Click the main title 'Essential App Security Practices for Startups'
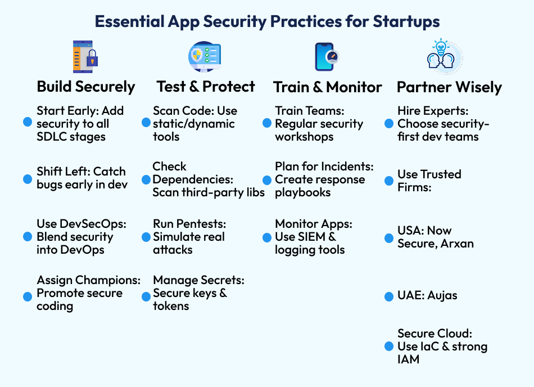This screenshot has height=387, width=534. pyautogui.click(x=267, y=21)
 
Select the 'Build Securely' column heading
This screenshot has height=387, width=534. pyautogui.click(x=86, y=87)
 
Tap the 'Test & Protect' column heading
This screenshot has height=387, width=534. pyautogui.click(x=206, y=87)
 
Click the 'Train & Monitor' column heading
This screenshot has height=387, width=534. pyautogui.click(x=327, y=87)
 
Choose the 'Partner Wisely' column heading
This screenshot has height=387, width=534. pyautogui.click(x=449, y=87)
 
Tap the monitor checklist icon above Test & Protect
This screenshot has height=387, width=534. pyautogui.click(x=205, y=57)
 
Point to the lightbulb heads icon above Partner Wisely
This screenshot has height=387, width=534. pyautogui.click(x=444, y=57)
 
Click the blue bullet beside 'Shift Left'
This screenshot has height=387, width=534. pyautogui.click(x=27, y=178)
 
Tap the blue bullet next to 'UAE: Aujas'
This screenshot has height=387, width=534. pyautogui.click(x=388, y=296)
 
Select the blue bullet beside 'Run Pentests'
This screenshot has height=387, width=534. pyautogui.click(x=146, y=236)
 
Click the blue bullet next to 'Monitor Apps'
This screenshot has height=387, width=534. pyautogui.click(x=267, y=237)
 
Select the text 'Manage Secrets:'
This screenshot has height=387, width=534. pyautogui.click(x=198, y=280)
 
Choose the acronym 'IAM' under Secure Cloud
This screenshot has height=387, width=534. pyautogui.click(x=409, y=359)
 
